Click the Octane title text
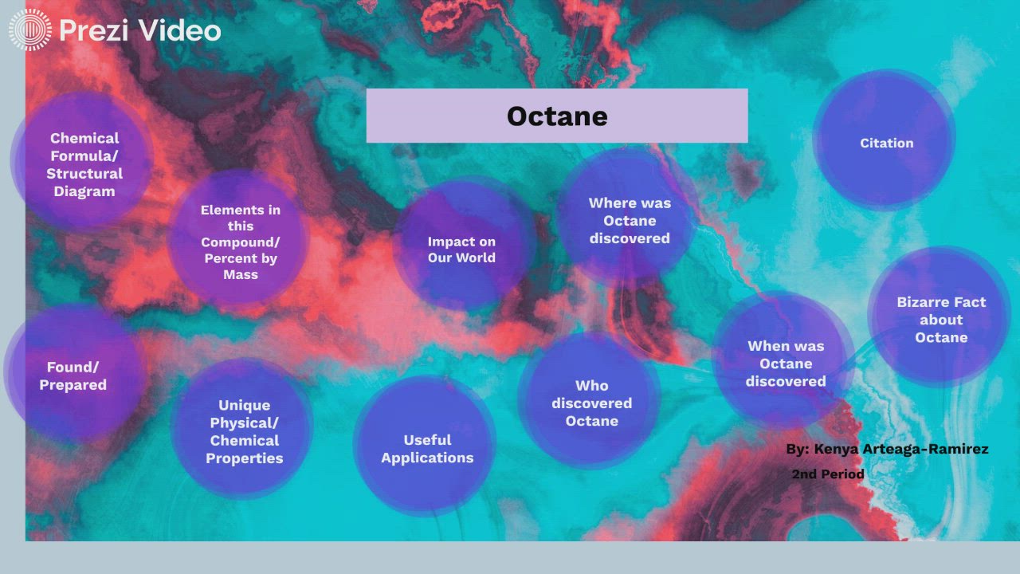[x=557, y=116]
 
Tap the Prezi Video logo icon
[x=29, y=30]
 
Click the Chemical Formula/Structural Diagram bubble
[x=84, y=164]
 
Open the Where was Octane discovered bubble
[x=630, y=220]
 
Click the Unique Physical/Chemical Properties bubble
[x=244, y=431]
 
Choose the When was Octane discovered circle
[x=786, y=363]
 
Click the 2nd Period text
[x=828, y=474]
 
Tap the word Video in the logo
[x=178, y=30]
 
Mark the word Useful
[x=427, y=439]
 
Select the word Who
[x=591, y=386]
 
